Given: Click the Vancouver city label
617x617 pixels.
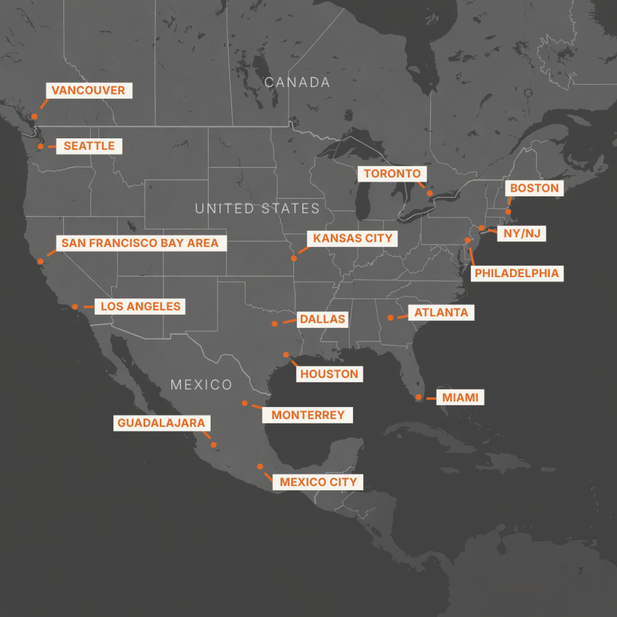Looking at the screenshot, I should click(x=88, y=91).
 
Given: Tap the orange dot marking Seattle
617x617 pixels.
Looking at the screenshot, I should click(x=40, y=146).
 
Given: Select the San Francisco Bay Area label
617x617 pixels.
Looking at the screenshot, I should click(x=140, y=243).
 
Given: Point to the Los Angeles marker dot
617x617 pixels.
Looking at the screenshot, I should click(x=75, y=307).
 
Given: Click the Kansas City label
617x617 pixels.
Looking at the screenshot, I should click(x=353, y=238).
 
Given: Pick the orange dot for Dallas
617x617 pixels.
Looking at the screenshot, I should click(x=274, y=323).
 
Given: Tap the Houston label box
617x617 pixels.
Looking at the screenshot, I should click(x=329, y=374).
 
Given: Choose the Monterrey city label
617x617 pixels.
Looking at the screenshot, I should click(x=308, y=415).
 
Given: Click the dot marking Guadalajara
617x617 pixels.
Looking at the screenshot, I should click(x=214, y=445).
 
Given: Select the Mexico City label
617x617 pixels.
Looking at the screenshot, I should click(x=318, y=482).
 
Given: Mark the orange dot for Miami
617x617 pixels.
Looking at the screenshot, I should click(x=418, y=397).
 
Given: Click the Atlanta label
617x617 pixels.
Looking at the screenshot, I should click(x=441, y=312).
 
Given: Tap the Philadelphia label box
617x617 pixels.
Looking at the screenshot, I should click(x=517, y=273).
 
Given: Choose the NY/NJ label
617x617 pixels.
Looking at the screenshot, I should click(x=521, y=233).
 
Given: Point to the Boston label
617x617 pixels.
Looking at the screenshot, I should click(x=534, y=188).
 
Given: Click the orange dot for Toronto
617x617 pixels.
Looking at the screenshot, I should click(x=430, y=194).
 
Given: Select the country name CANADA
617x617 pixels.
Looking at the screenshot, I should click(x=297, y=83).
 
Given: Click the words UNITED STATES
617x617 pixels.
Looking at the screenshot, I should click(x=257, y=208).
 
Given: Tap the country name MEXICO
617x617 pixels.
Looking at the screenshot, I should click(x=201, y=385).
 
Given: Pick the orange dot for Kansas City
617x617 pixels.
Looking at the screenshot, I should click(x=294, y=258).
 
